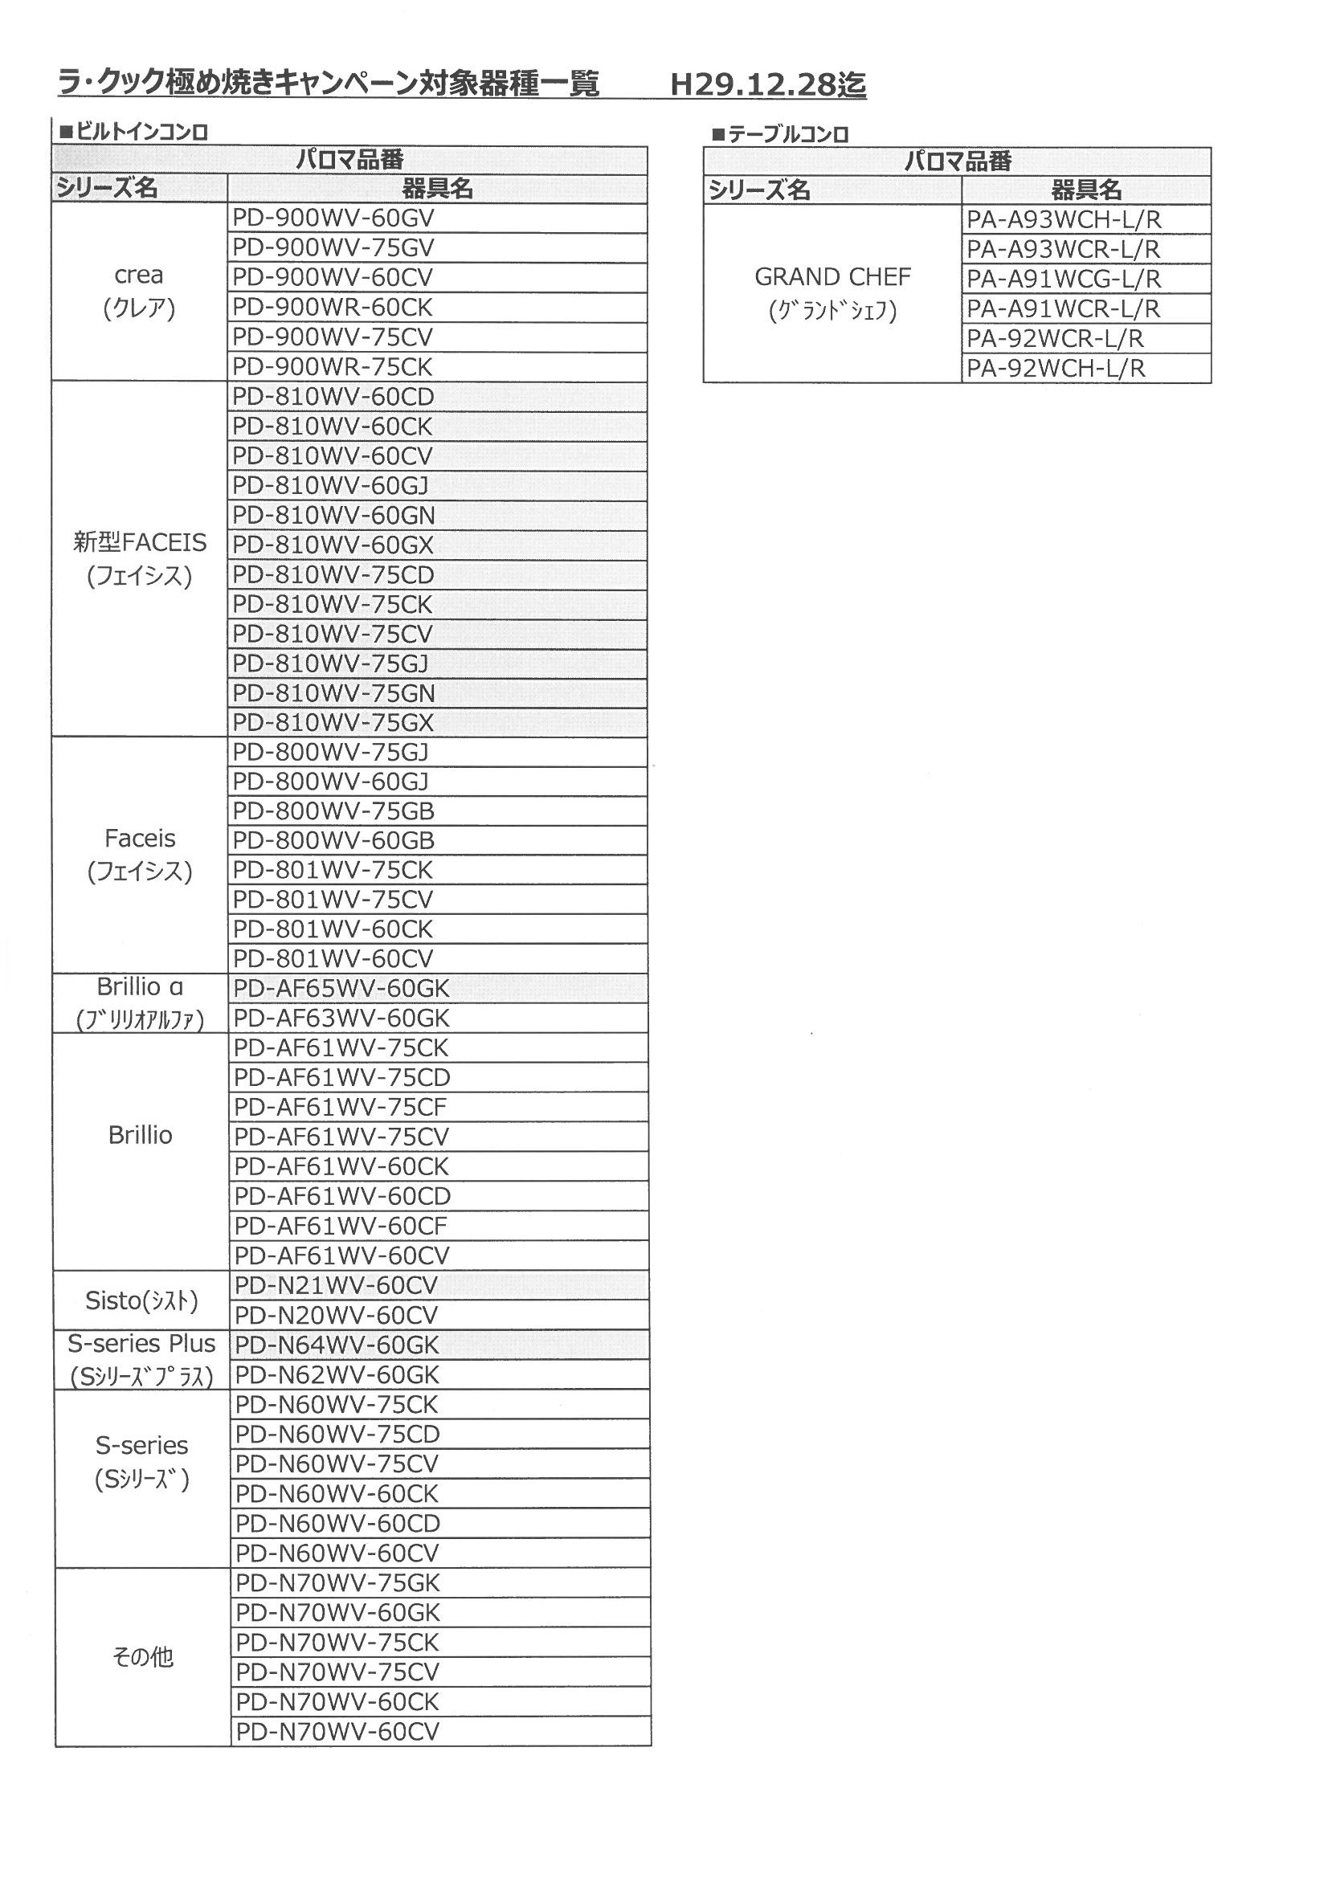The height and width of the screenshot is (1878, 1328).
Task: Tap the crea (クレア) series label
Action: click(x=139, y=292)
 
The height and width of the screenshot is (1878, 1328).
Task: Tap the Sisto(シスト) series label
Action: click(x=141, y=1300)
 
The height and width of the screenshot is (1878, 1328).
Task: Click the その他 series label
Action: click(x=142, y=1657)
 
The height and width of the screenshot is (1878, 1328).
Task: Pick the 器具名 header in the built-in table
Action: click(x=437, y=189)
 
